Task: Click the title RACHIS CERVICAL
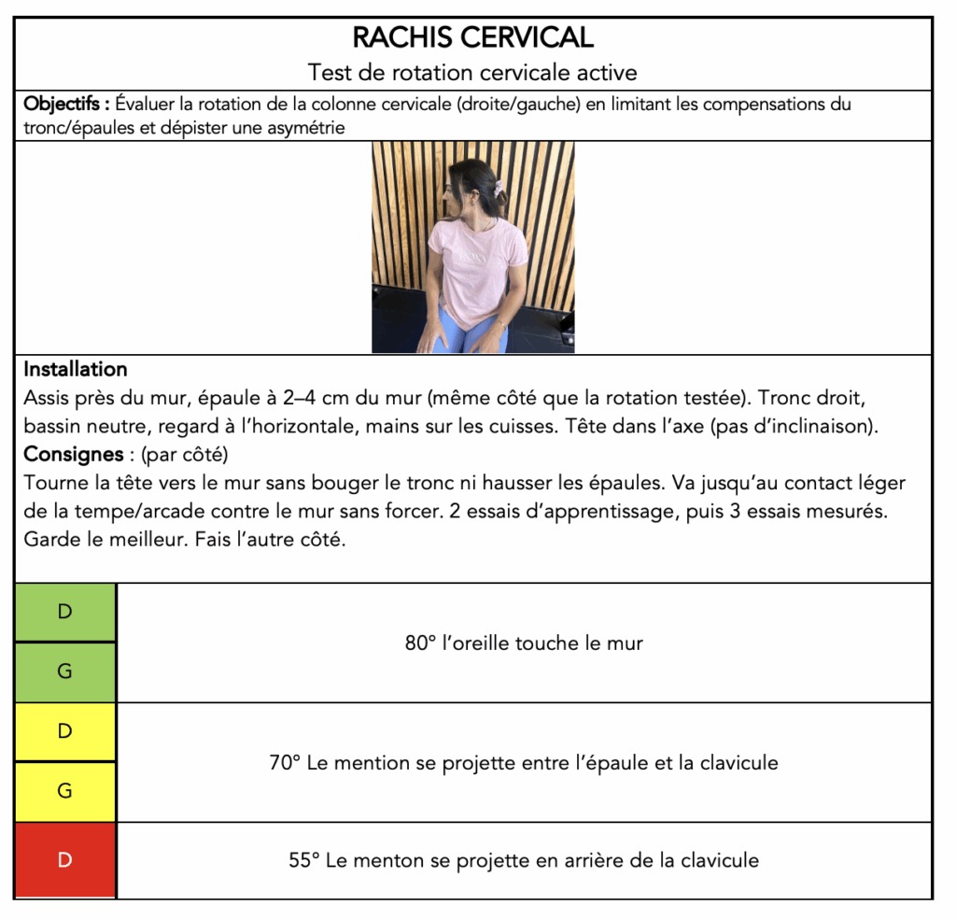(472, 37)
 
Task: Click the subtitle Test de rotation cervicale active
(472, 72)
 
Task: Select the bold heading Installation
(76, 369)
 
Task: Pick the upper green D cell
(65, 613)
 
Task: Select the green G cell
(65, 672)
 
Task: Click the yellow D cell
(65, 731)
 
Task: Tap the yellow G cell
(65, 791)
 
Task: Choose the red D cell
(65, 860)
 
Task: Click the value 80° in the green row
(420, 643)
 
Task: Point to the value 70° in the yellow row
(285, 763)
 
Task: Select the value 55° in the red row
(305, 860)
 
